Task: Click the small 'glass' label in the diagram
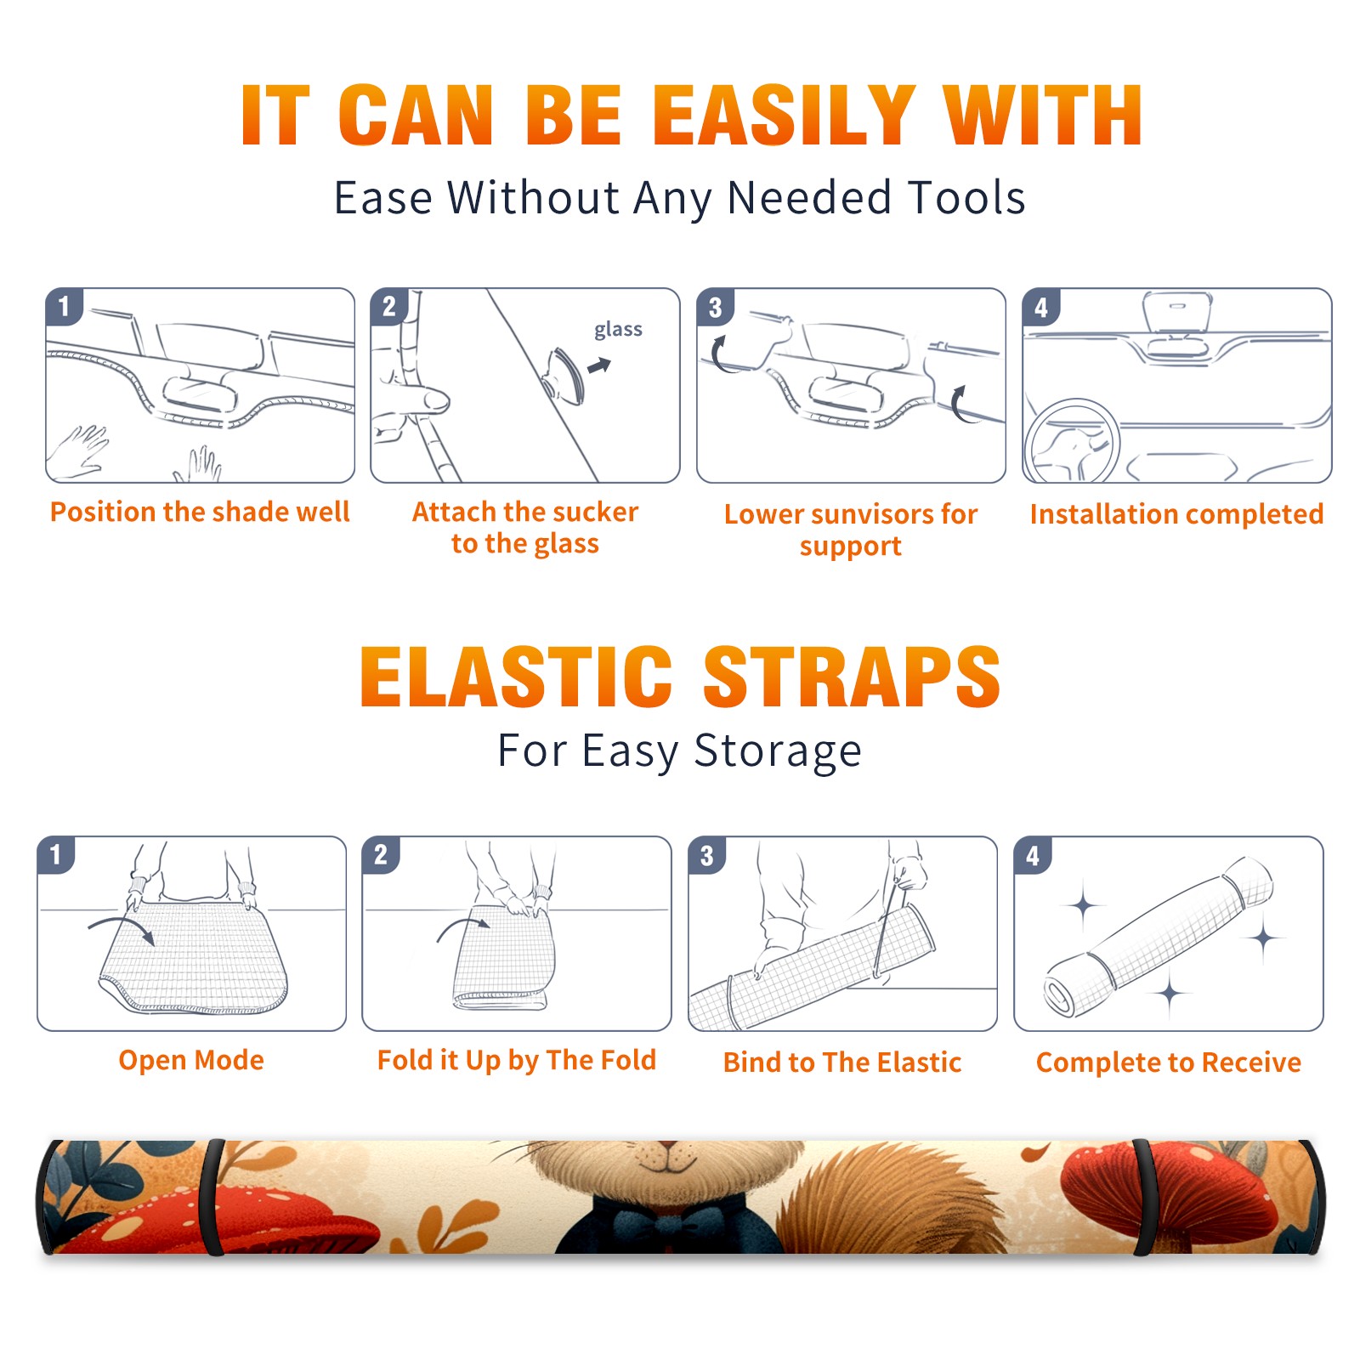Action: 618,329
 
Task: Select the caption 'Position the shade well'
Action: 200,512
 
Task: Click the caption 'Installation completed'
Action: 1176,513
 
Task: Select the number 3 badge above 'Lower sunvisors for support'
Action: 716,307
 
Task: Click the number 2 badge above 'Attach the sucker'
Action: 389,306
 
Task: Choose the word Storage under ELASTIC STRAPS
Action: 778,751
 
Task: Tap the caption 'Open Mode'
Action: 191,1060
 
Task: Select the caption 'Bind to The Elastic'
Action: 842,1062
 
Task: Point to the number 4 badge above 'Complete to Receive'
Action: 1033,855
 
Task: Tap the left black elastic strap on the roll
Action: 212,1197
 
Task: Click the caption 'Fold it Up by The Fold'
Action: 517,1060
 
